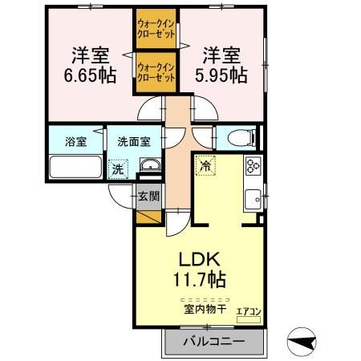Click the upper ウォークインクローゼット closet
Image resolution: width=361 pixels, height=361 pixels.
click(157, 30)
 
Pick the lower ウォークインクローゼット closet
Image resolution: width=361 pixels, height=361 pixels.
click(157, 73)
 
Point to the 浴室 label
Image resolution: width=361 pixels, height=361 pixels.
click(75, 143)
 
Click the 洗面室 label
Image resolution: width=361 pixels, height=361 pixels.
click(133, 143)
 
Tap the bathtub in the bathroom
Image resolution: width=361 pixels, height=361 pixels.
click(75, 168)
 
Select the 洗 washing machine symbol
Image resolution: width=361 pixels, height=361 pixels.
click(118, 169)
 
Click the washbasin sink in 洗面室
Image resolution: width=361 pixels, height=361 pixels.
click(149, 166)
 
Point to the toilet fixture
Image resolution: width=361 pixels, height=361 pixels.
click(238, 137)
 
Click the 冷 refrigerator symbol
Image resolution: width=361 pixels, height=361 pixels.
click(205, 166)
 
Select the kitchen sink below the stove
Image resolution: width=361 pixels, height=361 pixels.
click(254, 196)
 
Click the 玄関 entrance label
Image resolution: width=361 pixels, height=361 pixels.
click(148, 196)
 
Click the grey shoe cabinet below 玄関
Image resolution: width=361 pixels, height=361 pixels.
click(148, 214)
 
